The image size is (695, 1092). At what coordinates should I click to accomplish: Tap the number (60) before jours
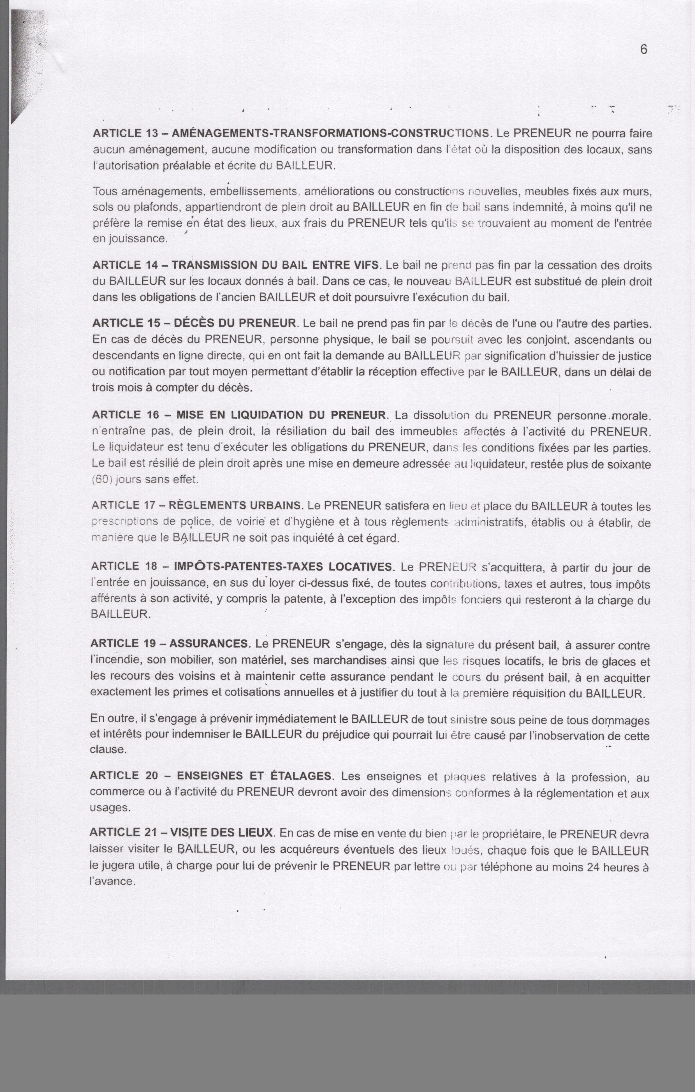click(102, 479)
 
